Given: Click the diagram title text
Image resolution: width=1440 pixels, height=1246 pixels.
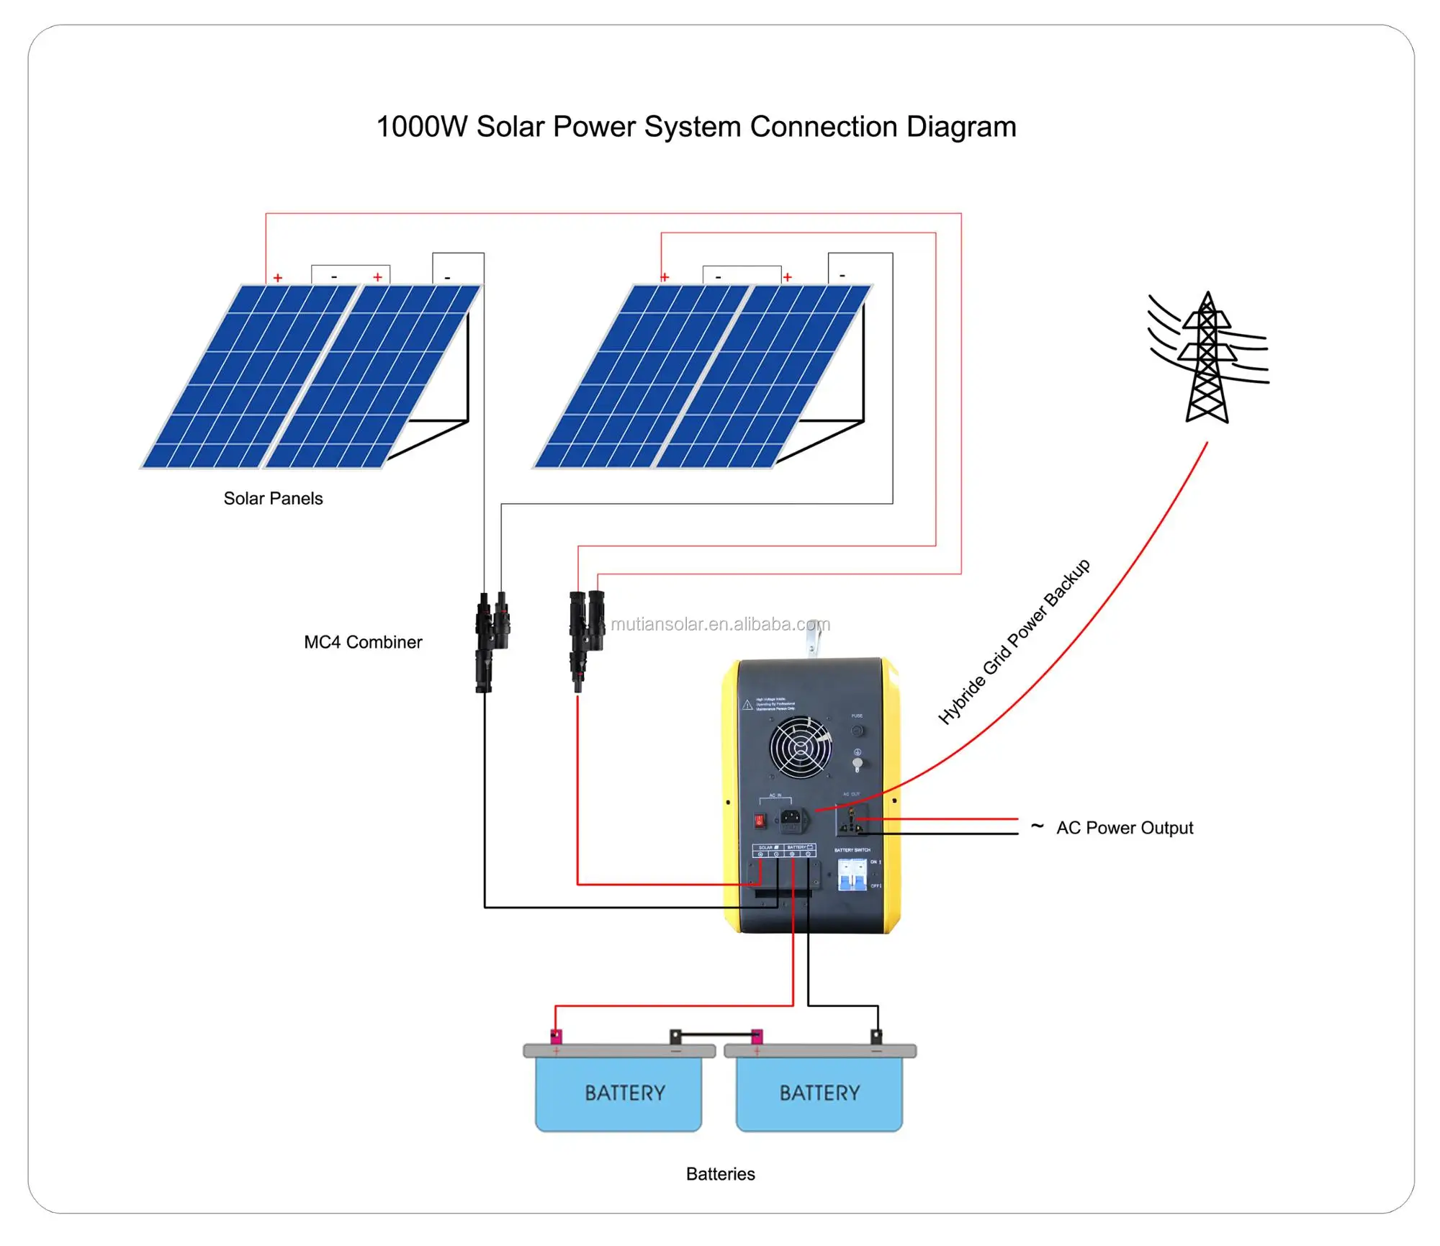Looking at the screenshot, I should click(696, 127).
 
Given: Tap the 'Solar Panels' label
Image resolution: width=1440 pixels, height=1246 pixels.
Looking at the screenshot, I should click(273, 498).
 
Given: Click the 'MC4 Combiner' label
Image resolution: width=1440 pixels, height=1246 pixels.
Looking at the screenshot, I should click(363, 642).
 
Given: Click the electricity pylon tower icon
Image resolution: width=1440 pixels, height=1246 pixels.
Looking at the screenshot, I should click(1207, 358).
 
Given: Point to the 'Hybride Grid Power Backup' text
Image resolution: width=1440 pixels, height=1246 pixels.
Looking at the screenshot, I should click(1013, 642).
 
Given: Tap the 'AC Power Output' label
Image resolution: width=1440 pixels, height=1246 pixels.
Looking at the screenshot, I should click(1124, 828).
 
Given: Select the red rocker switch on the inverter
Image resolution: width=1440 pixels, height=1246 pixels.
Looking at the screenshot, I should click(759, 820).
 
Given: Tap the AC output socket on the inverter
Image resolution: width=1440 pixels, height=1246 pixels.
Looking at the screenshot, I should click(851, 821).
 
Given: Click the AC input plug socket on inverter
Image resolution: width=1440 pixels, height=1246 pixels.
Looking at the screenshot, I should click(791, 818).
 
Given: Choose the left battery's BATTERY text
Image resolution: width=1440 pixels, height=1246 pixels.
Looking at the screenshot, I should click(624, 1093).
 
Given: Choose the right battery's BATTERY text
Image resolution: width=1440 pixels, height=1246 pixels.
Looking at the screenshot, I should click(819, 1093).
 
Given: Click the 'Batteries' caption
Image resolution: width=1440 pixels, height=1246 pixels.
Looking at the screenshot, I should click(720, 1174).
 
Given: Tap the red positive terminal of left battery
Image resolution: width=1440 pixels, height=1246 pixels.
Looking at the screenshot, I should click(556, 1037).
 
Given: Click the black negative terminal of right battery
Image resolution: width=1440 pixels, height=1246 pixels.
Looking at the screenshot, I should click(876, 1037).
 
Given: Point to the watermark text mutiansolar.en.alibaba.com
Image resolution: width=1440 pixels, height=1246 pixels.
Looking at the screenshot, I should click(720, 624).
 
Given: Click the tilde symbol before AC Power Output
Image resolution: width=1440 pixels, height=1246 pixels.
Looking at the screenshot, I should click(1037, 826).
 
